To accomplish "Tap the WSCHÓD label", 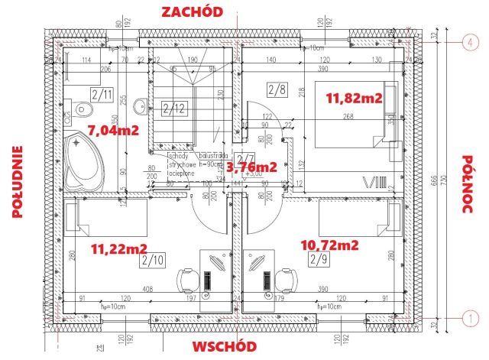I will coord(224,345).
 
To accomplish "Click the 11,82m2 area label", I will coord(354,99).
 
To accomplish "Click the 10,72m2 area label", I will coord(331,245).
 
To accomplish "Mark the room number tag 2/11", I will coord(101,96).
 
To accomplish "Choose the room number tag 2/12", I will coord(174,108).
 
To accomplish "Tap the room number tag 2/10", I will coord(152,261).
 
